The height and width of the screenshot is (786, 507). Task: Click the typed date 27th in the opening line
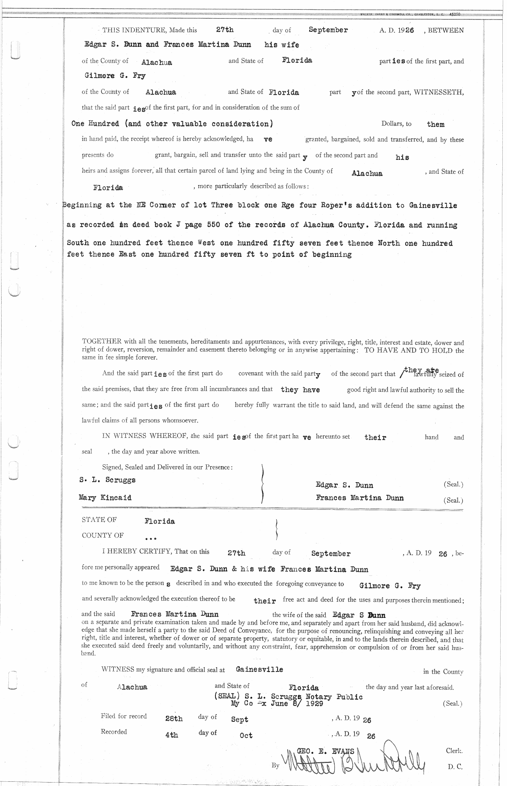(224, 30)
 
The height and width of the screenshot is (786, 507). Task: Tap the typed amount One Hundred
(95, 124)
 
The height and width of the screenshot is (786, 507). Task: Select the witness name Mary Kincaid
(105, 498)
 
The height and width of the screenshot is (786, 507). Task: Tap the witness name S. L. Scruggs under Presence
(107, 480)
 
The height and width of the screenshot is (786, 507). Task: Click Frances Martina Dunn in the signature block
(360, 498)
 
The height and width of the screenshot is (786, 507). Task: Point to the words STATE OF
(99, 520)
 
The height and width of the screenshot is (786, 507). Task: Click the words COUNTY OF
(103, 535)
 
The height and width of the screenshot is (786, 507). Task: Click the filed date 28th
(174, 719)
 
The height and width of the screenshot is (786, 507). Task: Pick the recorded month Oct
(246, 736)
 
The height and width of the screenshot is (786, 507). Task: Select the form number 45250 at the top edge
(454, 14)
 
